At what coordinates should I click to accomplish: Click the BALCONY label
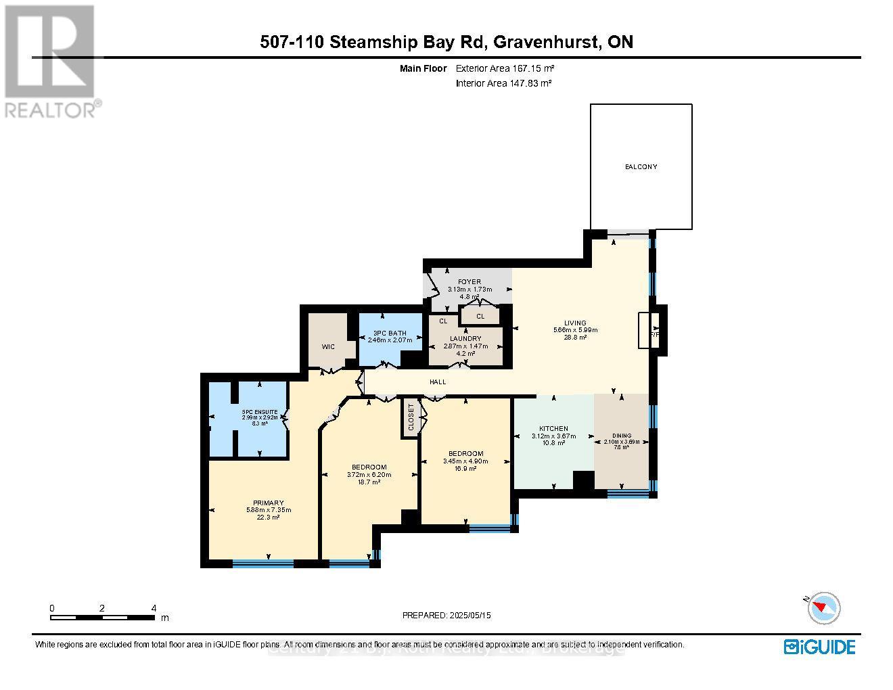coord(641,166)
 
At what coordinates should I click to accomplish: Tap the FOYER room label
coord(469,281)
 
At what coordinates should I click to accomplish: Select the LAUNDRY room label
coord(465,338)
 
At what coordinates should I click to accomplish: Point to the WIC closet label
coord(328,346)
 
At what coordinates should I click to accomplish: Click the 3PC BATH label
coord(389,332)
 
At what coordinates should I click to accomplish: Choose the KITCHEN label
coord(553,428)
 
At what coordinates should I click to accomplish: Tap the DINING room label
coord(621,436)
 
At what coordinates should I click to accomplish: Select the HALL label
coord(438,382)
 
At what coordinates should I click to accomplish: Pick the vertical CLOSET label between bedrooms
coord(411,418)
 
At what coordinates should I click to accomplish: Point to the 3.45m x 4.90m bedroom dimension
coord(465,461)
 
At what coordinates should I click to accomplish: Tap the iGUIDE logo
coord(819,647)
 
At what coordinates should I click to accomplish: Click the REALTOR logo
coord(51,61)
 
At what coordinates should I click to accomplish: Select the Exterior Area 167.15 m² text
coord(505,68)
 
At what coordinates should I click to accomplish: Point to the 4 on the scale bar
coord(154,607)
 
